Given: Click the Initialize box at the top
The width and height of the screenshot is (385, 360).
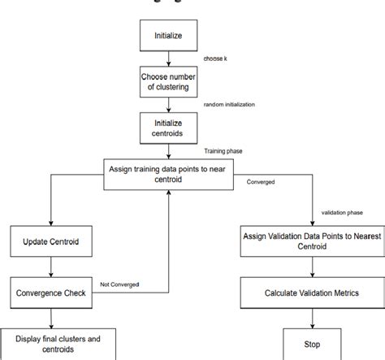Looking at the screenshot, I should [x=168, y=37].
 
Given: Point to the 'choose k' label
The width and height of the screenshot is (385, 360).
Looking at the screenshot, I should [x=217, y=59].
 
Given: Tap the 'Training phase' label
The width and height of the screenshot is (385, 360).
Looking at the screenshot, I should [x=224, y=150].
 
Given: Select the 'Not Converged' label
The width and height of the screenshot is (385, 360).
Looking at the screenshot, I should [x=120, y=284].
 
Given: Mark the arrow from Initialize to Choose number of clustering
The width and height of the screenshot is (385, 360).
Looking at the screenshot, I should [x=168, y=59].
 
